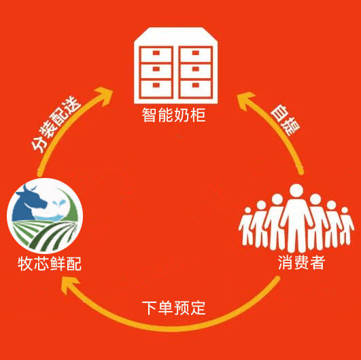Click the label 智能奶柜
click(x=173, y=115)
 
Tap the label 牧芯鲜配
click(x=50, y=264)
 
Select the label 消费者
click(x=301, y=262)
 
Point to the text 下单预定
click(x=173, y=308)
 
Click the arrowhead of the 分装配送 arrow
click(x=104, y=95)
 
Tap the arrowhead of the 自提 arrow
click(x=246, y=101)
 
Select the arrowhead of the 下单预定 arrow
click(x=70, y=285)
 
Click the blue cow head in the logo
click(x=29, y=204)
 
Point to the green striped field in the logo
click(x=45, y=234)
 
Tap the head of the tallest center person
click(x=296, y=191)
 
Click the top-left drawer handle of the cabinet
click(x=156, y=53)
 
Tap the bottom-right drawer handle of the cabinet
click(x=196, y=86)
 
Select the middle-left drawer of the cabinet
click(x=156, y=71)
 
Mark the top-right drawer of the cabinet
click(x=196, y=54)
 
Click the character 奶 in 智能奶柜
click(x=182, y=115)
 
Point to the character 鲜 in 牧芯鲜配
click(x=58, y=264)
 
